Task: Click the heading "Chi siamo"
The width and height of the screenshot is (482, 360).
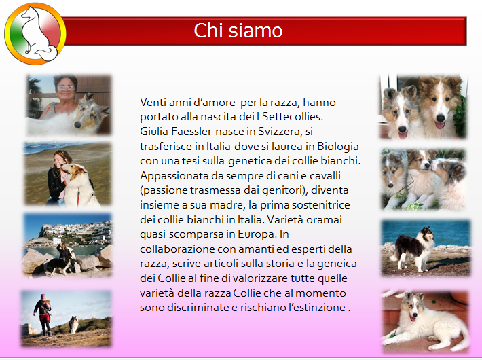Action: [x=238, y=31]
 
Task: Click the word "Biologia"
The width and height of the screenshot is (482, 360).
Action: [x=338, y=147]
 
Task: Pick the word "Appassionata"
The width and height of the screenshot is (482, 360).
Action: [x=174, y=176]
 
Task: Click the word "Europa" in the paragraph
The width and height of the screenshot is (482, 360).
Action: [x=257, y=235]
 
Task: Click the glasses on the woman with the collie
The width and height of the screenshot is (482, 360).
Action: [x=66, y=88]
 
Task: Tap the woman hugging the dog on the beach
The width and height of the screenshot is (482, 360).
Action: [x=58, y=177]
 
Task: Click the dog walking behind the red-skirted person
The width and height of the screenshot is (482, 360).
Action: [x=73, y=324]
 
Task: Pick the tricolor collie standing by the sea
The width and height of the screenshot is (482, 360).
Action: [x=413, y=249]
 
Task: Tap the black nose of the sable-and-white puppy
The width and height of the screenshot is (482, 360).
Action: [x=441, y=118]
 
